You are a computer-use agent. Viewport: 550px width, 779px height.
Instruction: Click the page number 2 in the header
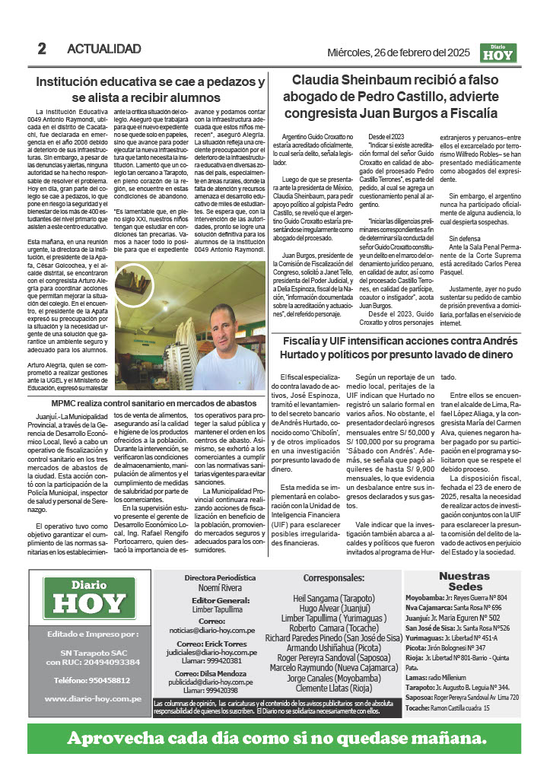pos(42,49)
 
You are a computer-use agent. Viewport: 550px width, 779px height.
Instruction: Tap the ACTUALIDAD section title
pos(104,49)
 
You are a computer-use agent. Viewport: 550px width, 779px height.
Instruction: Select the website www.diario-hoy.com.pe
pos(93,698)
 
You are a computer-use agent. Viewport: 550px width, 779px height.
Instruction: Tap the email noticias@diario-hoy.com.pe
pos(211,631)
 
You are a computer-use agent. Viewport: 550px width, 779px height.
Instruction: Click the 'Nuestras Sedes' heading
pos(464,582)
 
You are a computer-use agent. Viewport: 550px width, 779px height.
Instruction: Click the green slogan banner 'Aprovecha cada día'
pos(275,739)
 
